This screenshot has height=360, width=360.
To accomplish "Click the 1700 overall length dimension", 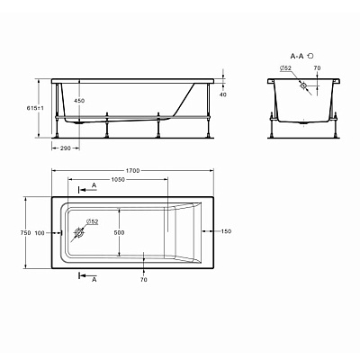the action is (132, 171).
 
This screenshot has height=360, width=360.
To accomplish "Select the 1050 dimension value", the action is (118, 180).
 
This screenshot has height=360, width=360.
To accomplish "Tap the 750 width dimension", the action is (25, 232).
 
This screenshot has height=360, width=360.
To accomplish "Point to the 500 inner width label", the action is (120, 232).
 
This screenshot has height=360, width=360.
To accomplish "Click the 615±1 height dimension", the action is (35, 108).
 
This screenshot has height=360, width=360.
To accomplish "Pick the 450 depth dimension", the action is (79, 101).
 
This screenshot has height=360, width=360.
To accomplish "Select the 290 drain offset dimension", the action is (65, 148).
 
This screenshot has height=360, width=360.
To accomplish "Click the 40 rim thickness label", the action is (223, 94).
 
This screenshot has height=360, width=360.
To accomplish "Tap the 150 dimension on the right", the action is (227, 231).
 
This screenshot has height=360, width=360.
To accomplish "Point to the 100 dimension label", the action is (40, 233).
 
